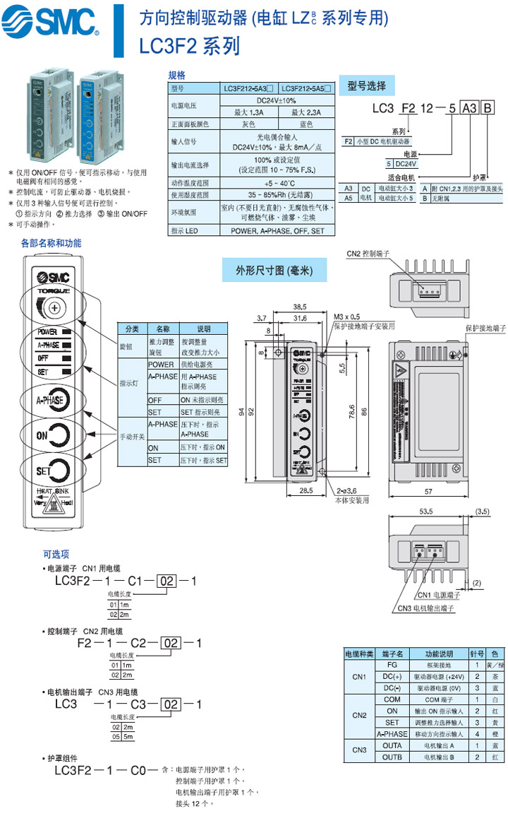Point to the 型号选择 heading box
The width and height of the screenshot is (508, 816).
367,86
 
